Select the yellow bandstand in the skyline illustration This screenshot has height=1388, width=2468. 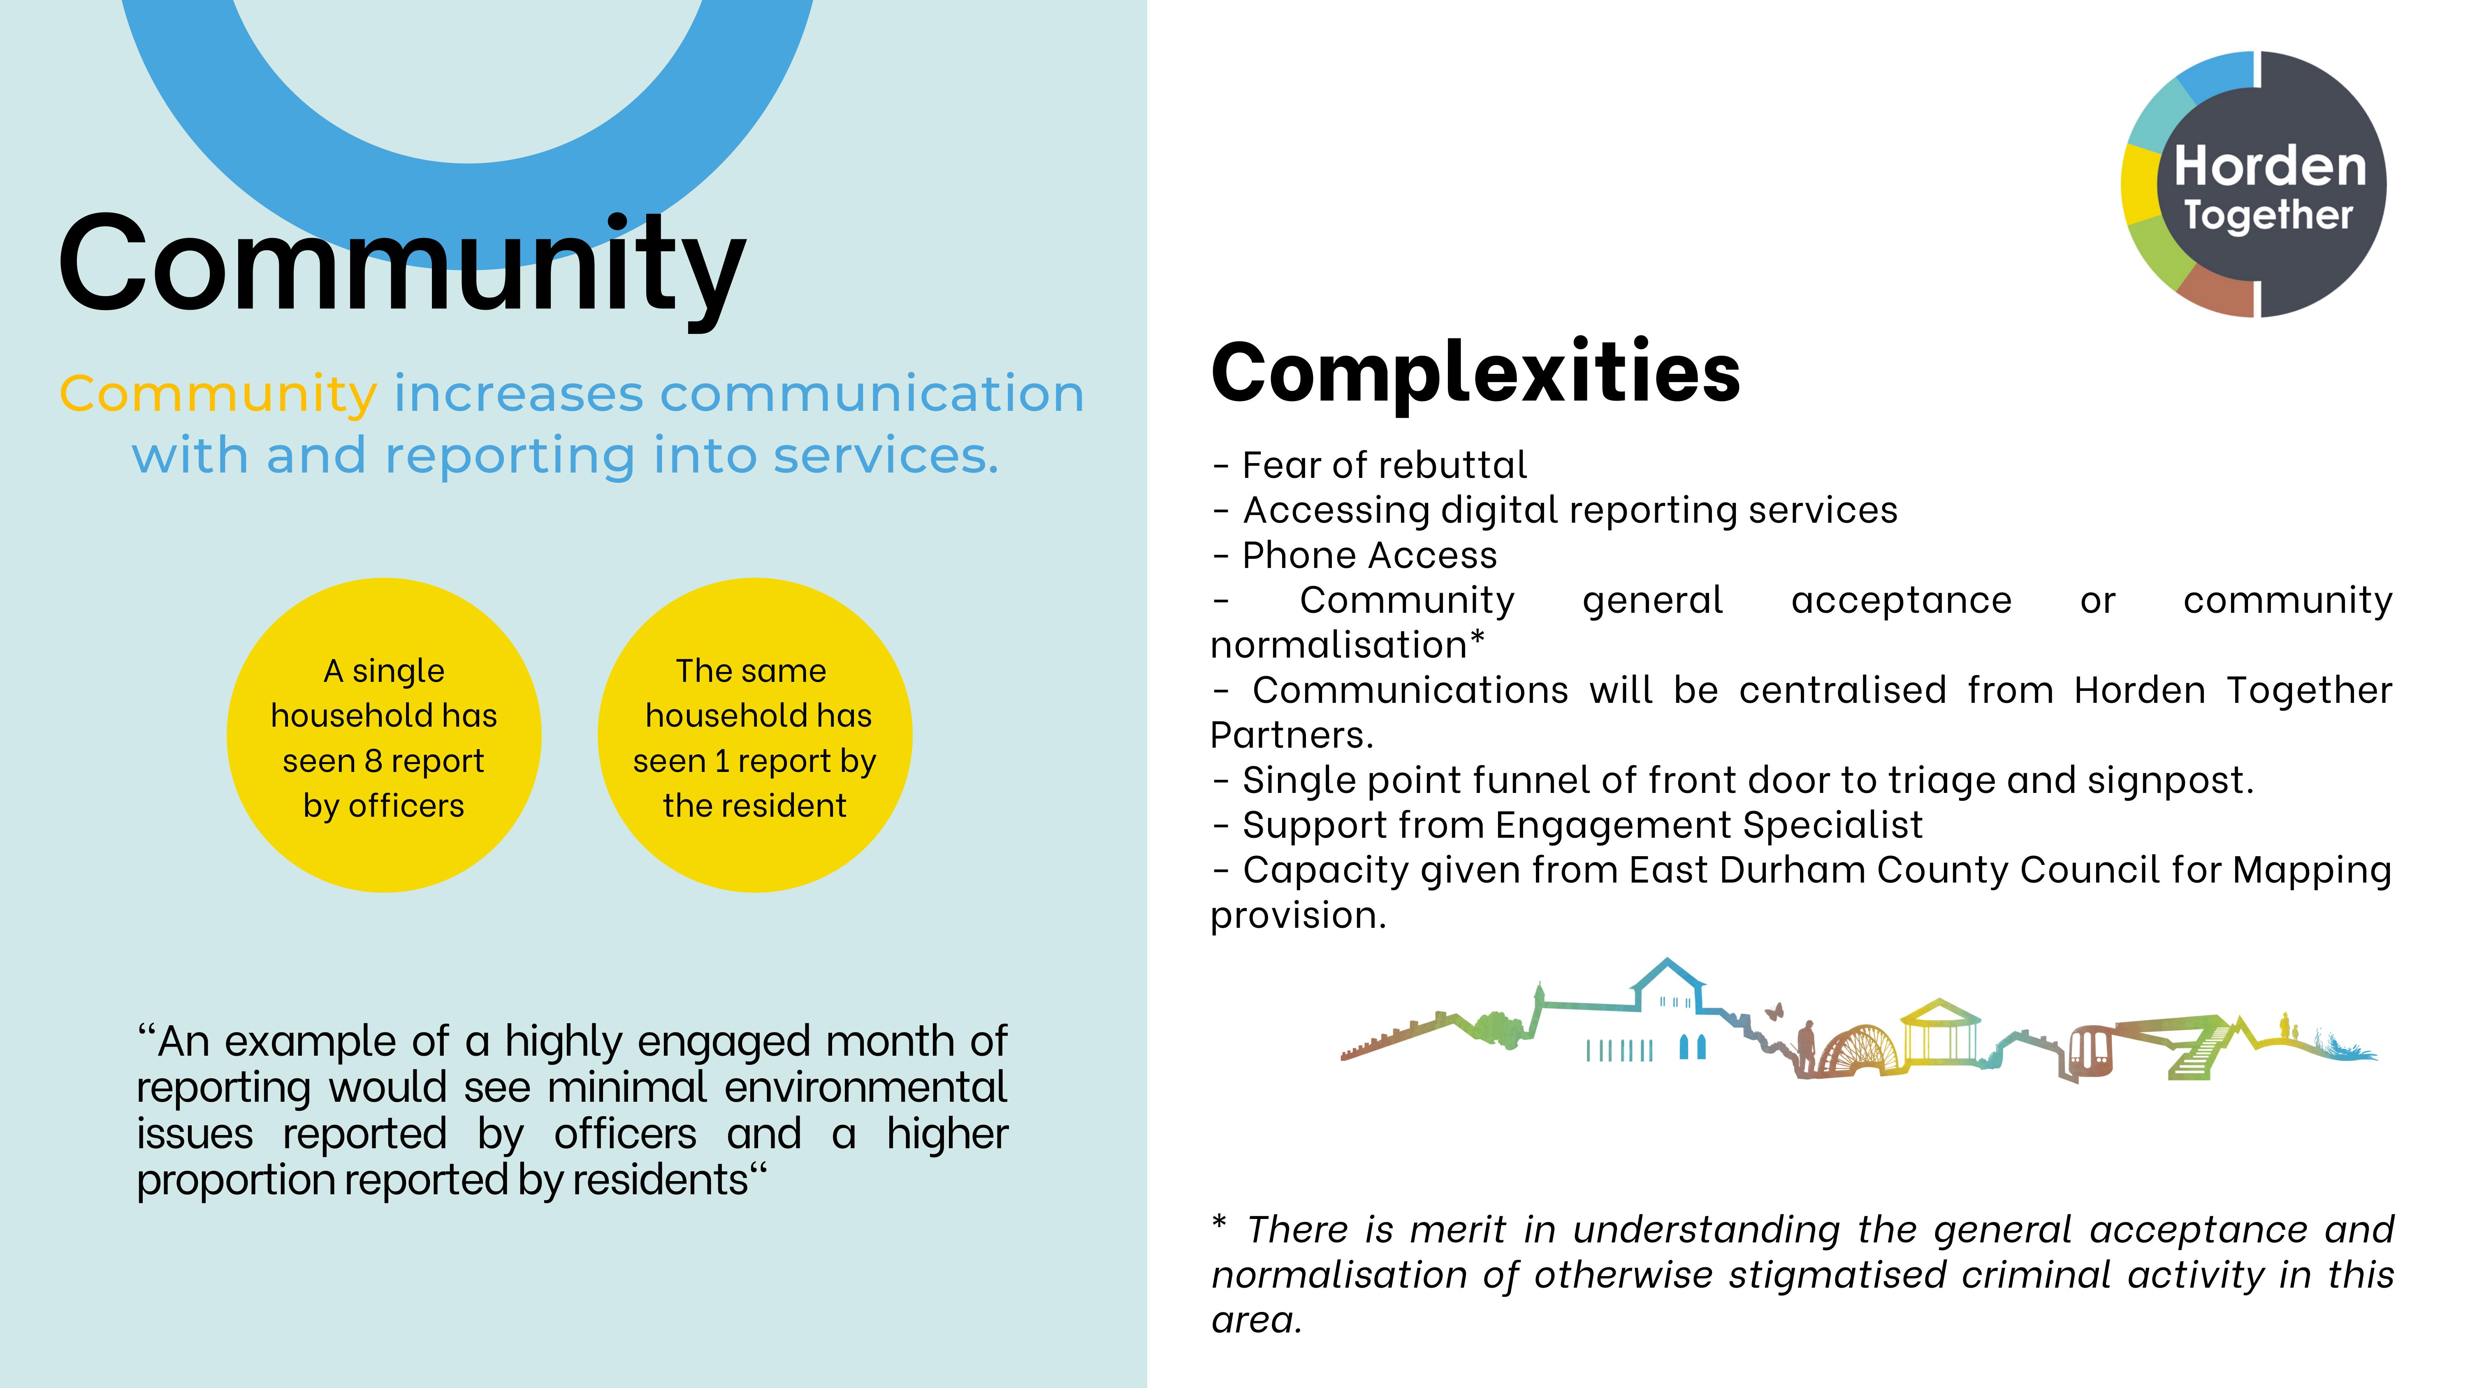pos(1940,1033)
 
